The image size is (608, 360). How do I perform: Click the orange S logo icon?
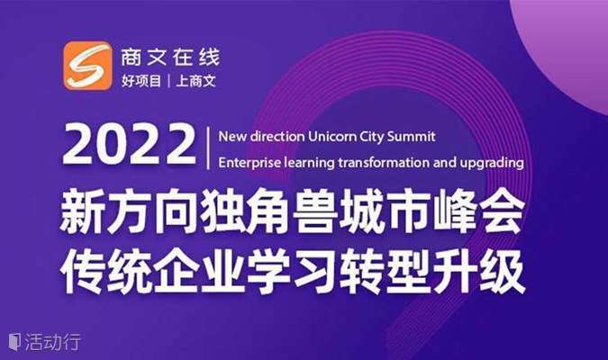[x=88, y=66]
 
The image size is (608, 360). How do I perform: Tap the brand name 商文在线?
[x=170, y=58]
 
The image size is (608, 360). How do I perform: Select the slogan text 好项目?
[x=141, y=81]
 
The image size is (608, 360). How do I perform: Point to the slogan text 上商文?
[x=195, y=81]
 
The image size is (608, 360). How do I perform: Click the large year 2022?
[x=129, y=145]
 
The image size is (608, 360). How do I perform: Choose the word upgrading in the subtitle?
[x=492, y=163]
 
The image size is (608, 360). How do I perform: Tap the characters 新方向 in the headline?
[x=129, y=211]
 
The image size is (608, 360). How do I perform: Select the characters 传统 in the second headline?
[x=106, y=271]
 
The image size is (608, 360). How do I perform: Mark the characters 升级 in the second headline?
[x=479, y=271]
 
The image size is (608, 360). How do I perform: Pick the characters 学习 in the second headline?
[x=293, y=271]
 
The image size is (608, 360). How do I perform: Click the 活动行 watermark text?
[x=53, y=342]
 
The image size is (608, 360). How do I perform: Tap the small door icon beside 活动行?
[x=14, y=342]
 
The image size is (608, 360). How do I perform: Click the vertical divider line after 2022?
[x=208, y=148]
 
